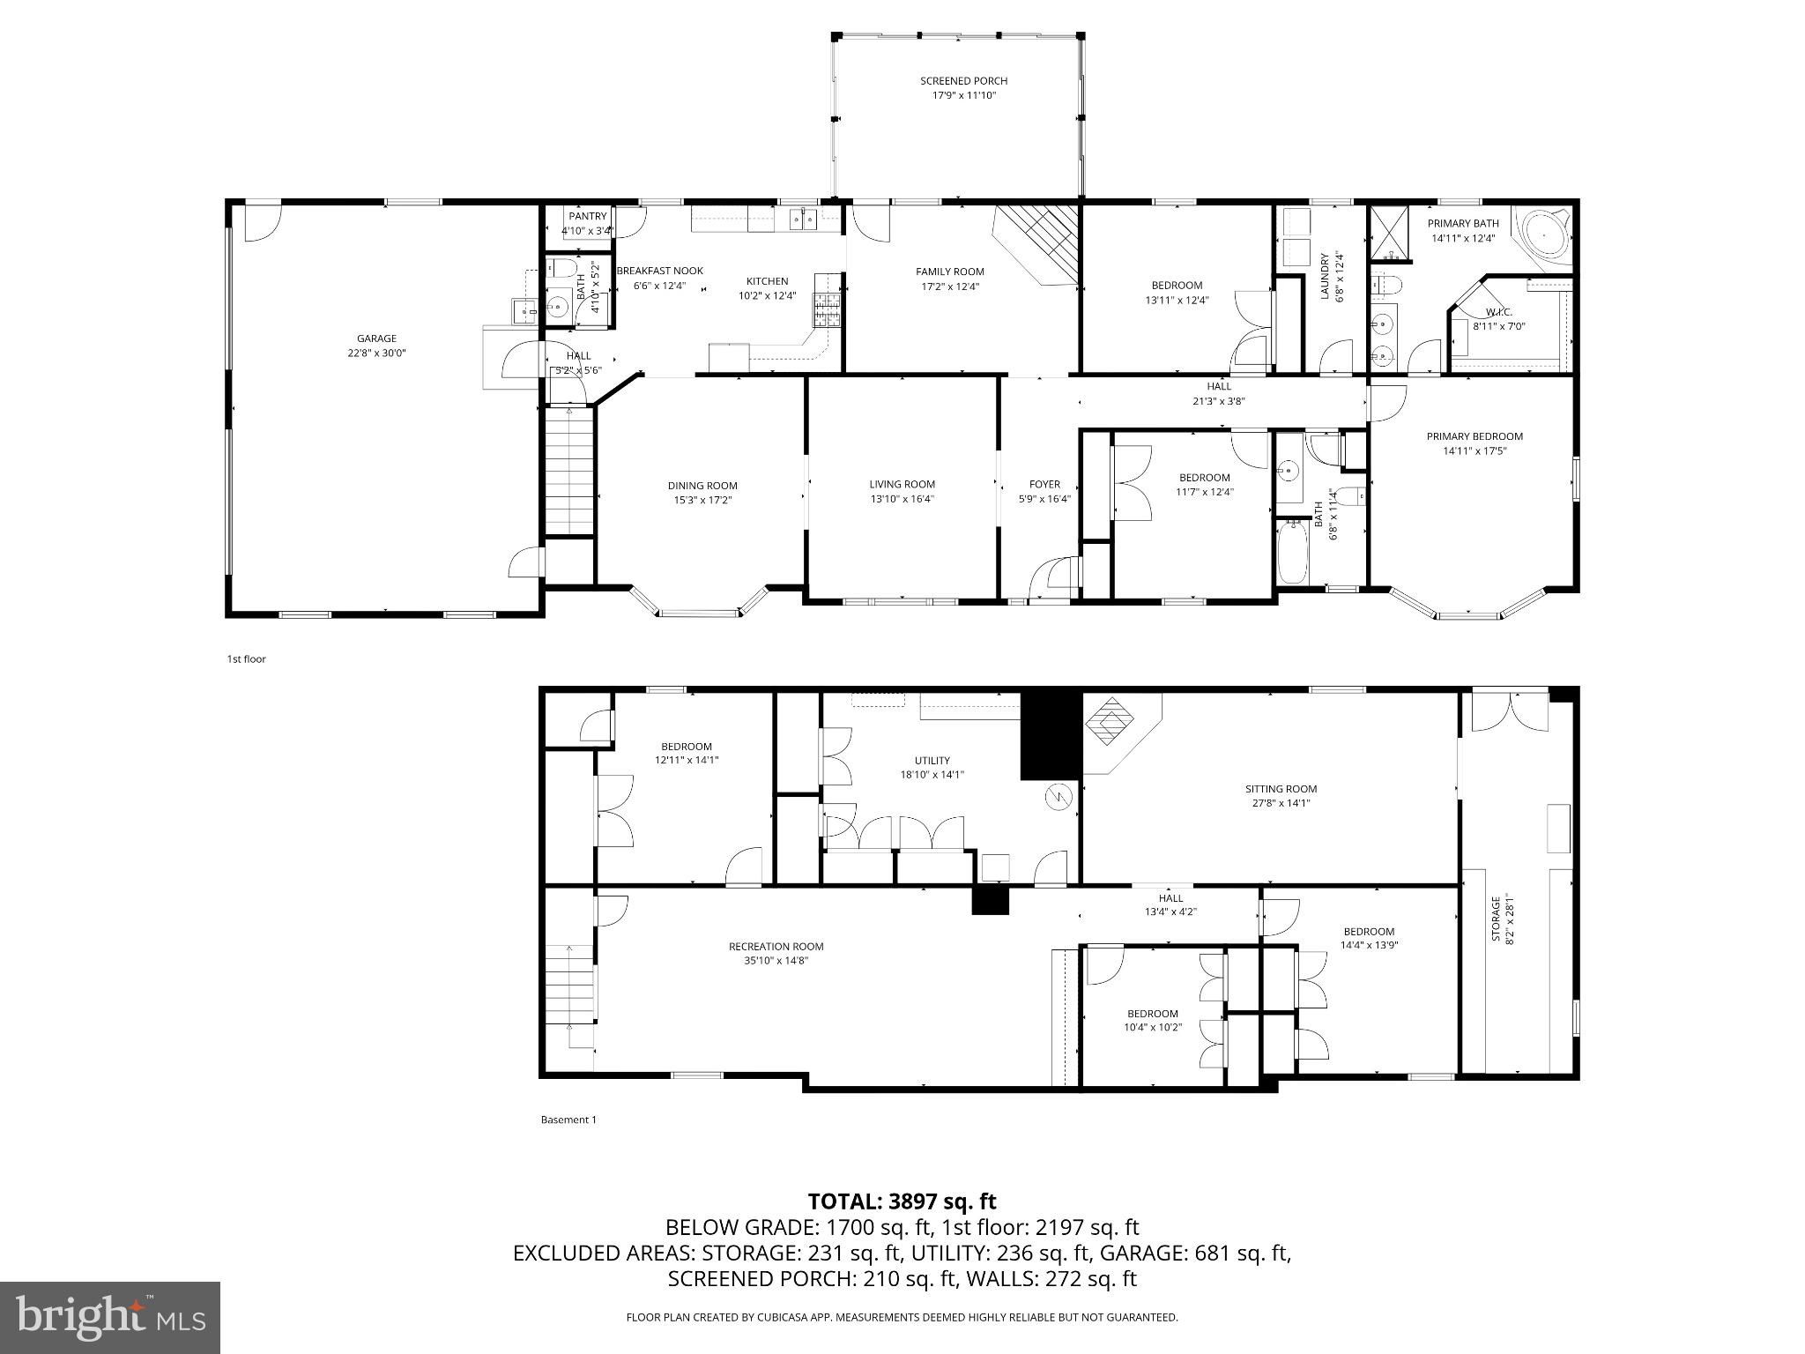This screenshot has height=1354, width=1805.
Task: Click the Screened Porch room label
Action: (963, 81)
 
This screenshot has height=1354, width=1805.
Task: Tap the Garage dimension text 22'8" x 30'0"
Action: (376, 353)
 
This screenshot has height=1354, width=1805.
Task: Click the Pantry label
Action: (587, 216)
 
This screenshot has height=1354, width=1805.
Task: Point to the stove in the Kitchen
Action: (827, 309)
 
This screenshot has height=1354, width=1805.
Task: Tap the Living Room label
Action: (902, 484)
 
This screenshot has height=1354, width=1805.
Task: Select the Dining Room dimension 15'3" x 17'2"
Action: (702, 500)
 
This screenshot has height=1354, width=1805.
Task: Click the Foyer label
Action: (1044, 484)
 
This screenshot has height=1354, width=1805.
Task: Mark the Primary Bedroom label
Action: (1474, 436)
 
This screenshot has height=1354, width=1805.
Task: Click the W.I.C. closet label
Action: (1498, 312)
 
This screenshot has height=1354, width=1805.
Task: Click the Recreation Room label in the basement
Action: (776, 947)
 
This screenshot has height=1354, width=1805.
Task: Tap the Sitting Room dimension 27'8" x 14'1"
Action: (1281, 803)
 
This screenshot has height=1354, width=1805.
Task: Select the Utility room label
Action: (932, 761)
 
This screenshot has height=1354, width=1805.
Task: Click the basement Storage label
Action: (1495, 919)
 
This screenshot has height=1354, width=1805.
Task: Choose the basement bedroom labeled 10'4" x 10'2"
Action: (1152, 1020)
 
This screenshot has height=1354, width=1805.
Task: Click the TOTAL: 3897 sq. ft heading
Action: (902, 1201)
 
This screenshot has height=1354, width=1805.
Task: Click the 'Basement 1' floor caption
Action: (568, 1120)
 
